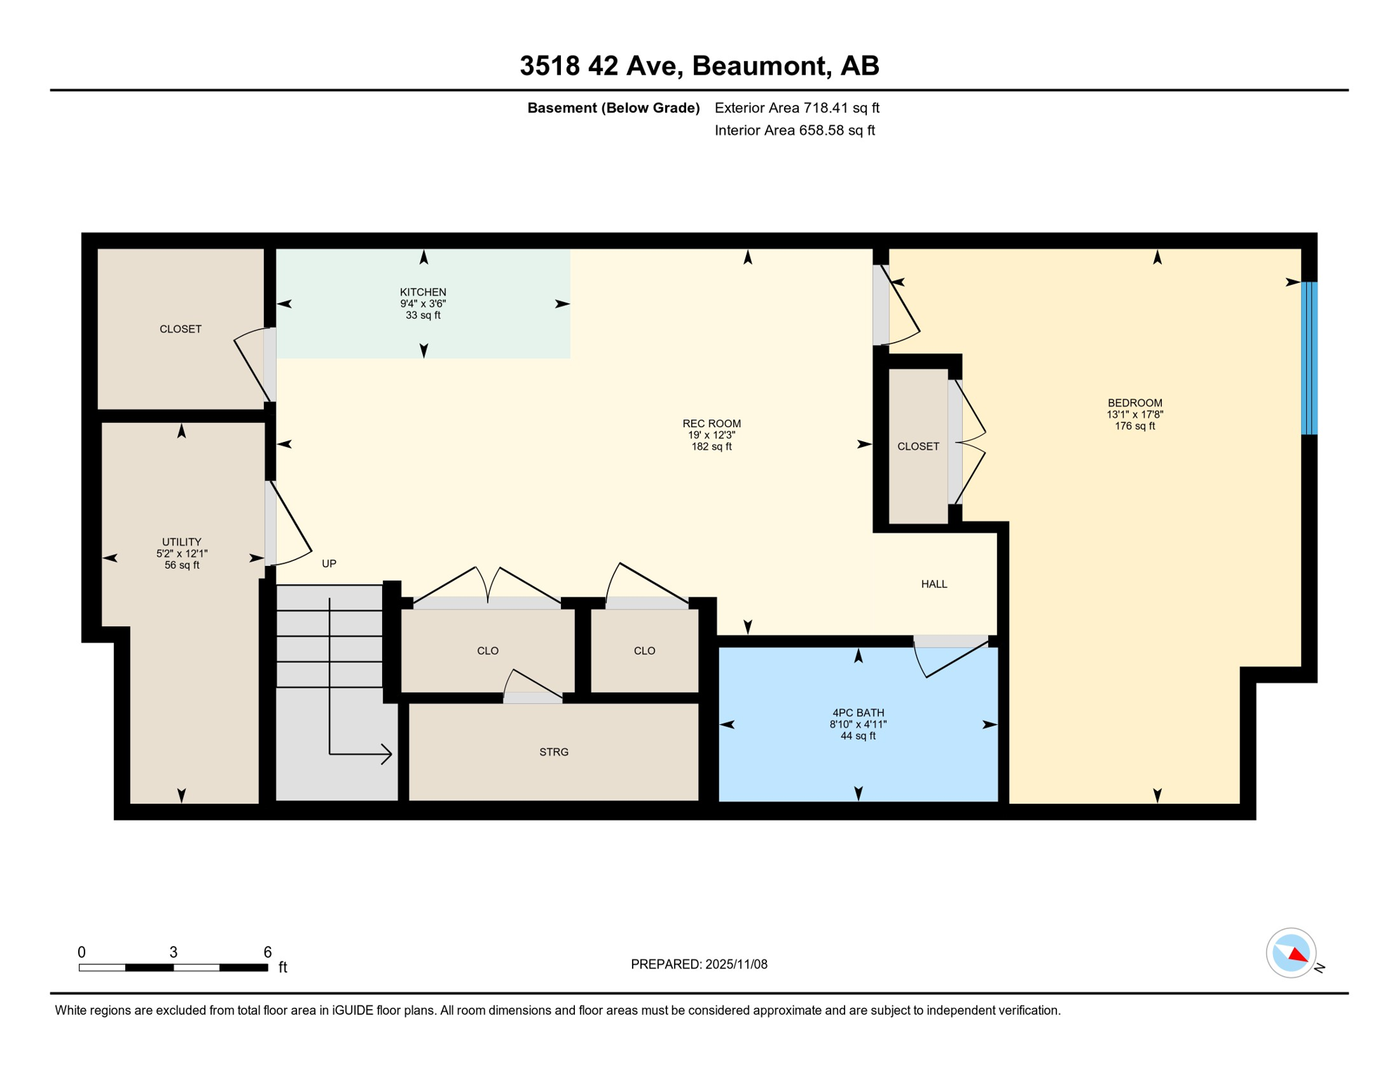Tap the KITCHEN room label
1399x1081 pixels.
(x=423, y=292)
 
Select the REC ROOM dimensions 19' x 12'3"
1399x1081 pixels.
(x=711, y=436)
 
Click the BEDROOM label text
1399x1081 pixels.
(x=1134, y=403)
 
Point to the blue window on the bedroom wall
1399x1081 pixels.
(x=1308, y=358)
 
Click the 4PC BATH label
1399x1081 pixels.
(x=858, y=713)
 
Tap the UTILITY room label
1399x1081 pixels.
(x=182, y=542)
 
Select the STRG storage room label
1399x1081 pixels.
(x=554, y=752)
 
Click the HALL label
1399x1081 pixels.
(x=934, y=584)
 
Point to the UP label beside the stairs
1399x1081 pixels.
(x=329, y=564)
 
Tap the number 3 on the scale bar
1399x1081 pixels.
(x=173, y=952)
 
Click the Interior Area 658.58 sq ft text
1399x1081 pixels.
(x=795, y=130)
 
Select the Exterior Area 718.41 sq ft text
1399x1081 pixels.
(x=797, y=108)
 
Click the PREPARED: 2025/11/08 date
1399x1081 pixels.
(x=699, y=964)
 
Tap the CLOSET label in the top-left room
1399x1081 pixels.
(x=180, y=329)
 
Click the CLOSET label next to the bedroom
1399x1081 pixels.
(x=918, y=447)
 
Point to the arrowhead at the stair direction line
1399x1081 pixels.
(x=387, y=754)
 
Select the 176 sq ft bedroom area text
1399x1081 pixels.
(x=1134, y=426)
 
